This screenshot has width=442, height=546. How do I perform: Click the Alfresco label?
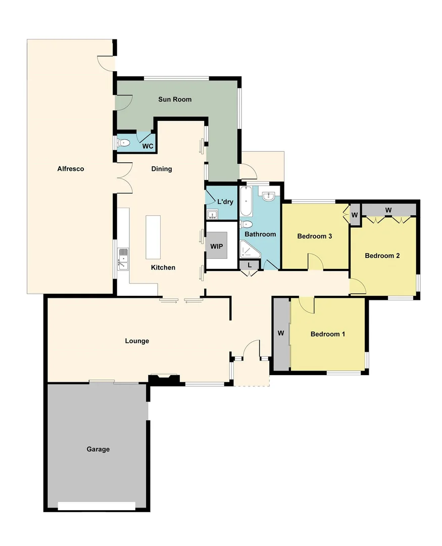[70, 169]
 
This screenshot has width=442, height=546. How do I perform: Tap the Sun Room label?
[175, 100]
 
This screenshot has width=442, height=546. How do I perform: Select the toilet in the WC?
[123, 144]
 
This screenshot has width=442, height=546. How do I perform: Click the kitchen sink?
[123, 259]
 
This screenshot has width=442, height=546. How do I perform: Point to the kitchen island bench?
[153, 237]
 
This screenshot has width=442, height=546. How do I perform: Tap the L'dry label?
[225, 202]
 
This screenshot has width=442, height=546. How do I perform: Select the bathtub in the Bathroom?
[246, 201]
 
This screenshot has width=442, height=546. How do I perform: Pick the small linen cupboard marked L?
[250, 265]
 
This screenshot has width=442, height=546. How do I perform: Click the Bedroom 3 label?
[314, 236]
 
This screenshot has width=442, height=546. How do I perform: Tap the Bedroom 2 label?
[382, 256]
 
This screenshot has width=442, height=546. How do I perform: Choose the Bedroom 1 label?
[328, 334]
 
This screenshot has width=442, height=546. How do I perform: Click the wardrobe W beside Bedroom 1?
[281, 334]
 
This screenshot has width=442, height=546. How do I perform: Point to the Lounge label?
[137, 341]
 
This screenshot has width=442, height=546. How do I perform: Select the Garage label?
[98, 449]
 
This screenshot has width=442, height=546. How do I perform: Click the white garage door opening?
[96, 506]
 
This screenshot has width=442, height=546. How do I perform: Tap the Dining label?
[162, 169]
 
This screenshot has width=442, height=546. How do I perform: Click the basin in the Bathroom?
[268, 196]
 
